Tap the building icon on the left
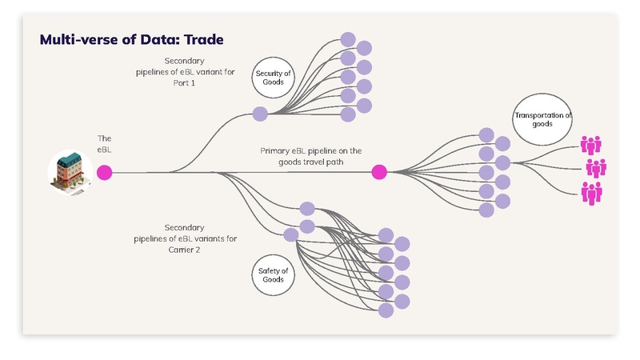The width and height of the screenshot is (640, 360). (x=70, y=172)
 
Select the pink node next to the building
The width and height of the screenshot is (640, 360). (x=104, y=172)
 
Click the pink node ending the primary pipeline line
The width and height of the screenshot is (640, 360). (x=379, y=172)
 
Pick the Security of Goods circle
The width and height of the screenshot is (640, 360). (x=274, y=78)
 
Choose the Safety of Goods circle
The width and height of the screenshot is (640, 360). (x=274, y=276)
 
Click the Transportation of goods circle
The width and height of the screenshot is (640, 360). (x=543, y=120)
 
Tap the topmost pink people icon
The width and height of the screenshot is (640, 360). (x=591, y=145)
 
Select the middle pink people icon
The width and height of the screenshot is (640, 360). (x=596, y=168)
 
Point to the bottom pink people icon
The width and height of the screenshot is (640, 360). (x=591, y=192)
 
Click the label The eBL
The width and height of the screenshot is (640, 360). (x=104, y=144)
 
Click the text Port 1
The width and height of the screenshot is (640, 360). (x=185, y=83)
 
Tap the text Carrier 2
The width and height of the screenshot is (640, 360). (x=185, y=250)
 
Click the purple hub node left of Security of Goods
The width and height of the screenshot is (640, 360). (x=260, y=114)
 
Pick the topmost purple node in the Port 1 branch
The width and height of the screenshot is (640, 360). (x=348, y=38)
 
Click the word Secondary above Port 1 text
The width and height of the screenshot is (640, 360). (x=185, y=61)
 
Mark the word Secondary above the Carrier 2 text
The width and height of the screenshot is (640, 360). (x=185, y=227)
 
